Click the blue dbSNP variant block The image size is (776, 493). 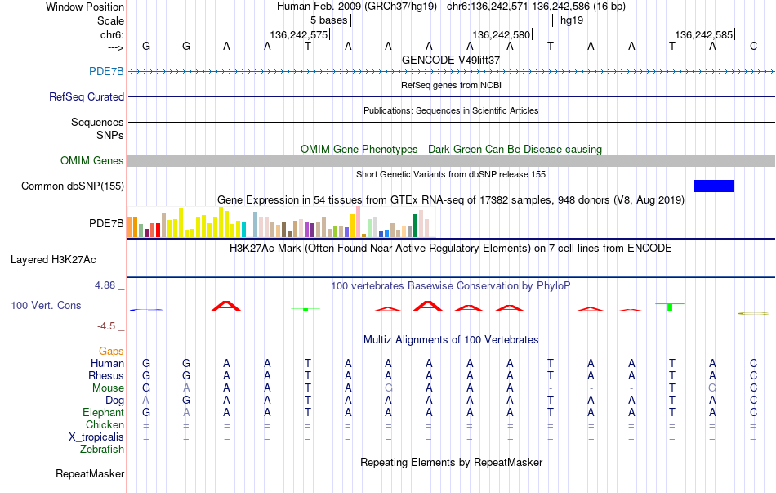(x=714, y=186)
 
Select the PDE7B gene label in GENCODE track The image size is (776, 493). (x=106, y=71)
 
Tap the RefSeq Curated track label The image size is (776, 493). (x=87, y=96)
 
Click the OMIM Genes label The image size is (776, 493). (x=92, y=160)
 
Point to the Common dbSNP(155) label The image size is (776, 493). (x=73, y=186)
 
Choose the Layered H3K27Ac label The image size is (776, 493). (x=53, y=260)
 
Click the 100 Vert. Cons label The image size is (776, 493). (x=46, y=305)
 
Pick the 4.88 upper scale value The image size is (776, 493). (x=105, y=285)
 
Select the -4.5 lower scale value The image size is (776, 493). (x=106, y=326)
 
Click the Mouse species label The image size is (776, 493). (x=108, y=388)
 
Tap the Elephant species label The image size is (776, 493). (x=104, y=412)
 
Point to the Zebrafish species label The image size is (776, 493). (x=102, y=450)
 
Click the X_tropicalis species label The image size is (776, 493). (x=96, y=437)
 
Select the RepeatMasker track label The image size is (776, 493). (x=90, y=473)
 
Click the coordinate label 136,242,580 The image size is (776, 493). (x=502, y=34)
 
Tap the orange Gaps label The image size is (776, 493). (x=111, y=351)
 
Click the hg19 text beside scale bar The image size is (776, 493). (x=572, y=20)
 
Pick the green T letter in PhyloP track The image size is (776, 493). (x=670, y=307)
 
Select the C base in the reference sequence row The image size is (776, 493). (x=753, y=46)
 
